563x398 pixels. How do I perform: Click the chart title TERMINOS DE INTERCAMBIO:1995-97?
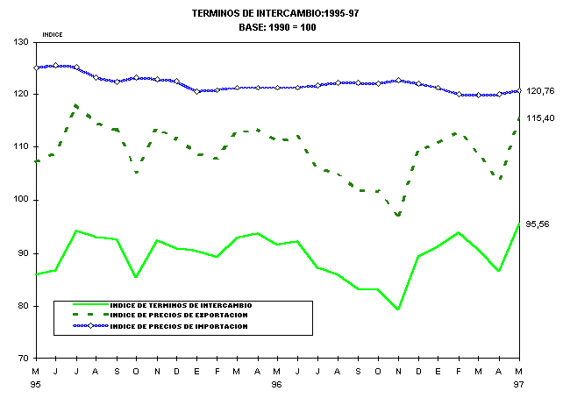tap(277, 14)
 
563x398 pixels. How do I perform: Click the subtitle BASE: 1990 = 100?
tap(277, 27)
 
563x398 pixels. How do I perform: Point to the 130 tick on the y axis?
tap(19, 41)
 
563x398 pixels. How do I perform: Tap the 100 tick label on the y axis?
tap(19, 200)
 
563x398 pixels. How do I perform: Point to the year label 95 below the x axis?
tap(36, 384)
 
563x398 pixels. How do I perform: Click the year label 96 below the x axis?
tap(277, 384)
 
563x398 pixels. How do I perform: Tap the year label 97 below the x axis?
tap(518, 384)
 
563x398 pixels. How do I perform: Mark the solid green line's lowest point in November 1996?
tap(398, 309)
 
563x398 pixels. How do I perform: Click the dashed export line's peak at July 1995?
tap(76, 105)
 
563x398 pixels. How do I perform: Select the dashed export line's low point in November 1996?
tap(398, 215)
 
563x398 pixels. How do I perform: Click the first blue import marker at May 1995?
tap(36, 68)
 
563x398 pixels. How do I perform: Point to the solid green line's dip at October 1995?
tap(136, 277)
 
